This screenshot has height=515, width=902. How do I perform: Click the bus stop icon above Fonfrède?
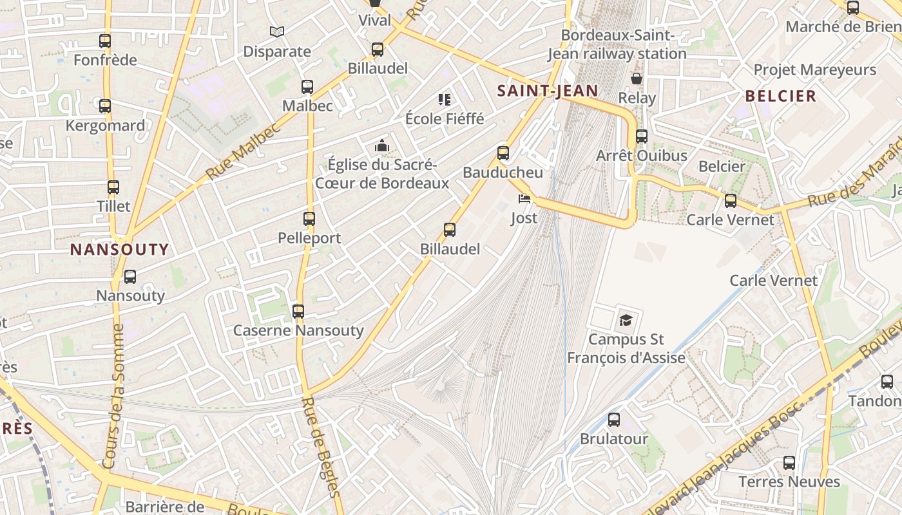tap(105, 41)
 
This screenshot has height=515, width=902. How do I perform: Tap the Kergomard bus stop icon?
tap(105, 106)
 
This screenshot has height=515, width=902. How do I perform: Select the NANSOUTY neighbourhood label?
tap(119, 250)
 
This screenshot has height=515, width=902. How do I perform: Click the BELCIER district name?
tap(781, 97)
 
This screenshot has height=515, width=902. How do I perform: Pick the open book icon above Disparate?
tap(277, 32)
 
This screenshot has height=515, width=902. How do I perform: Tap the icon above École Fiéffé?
tap(445, 100)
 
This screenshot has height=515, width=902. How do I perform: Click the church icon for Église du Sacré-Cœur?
tap(382, 146)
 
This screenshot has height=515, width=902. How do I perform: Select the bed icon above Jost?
tap(524, 199)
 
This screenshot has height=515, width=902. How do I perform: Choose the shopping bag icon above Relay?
tap(637, 79)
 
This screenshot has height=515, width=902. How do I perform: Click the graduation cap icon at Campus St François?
tap(625, 320)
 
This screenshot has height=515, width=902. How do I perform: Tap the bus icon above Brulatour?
tap(614, 420)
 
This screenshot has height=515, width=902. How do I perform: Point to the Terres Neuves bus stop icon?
tap(789, 462)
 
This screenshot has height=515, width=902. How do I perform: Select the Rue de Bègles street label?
tap(320, 447)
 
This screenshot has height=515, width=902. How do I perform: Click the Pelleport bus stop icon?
tap(309, 219)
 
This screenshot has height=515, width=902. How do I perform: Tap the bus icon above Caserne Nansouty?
tap(298, 312)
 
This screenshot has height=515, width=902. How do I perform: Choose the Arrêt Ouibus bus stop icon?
tap(642, 136)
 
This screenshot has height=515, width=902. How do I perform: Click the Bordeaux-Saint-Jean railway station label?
tap(617, 44)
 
